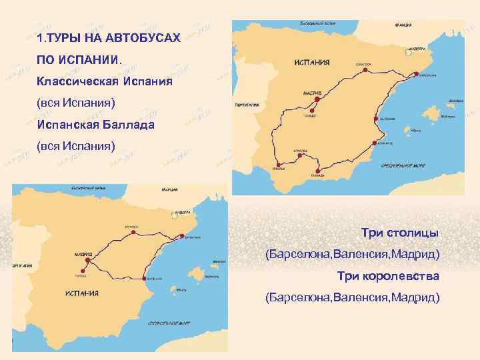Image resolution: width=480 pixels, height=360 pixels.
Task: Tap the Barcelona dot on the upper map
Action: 413,74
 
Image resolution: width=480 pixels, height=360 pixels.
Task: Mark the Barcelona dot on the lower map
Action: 181,235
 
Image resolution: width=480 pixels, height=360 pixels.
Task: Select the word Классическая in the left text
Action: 76,82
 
